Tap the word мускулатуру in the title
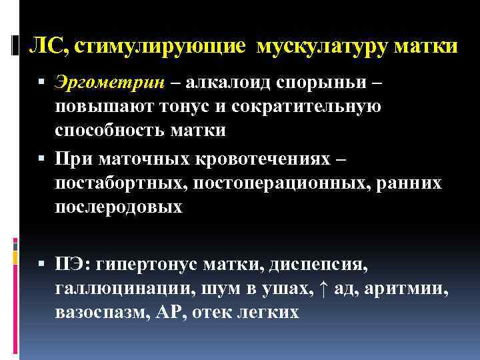323,47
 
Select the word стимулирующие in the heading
163,47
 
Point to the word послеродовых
118,207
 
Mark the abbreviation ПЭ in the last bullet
70,265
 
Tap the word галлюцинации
108,289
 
